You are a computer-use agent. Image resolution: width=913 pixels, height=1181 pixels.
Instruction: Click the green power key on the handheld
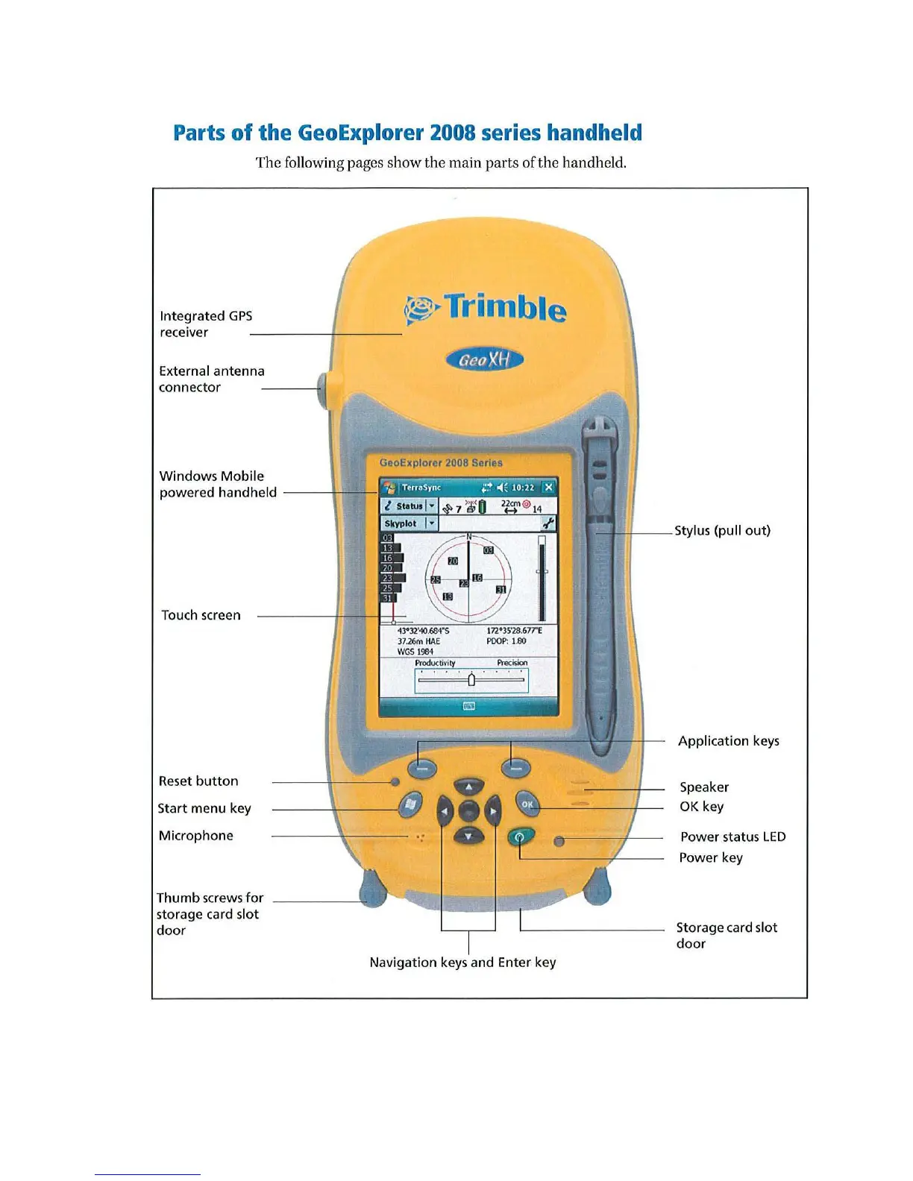tap(520, 837)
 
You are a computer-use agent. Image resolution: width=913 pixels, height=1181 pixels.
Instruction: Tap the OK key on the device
tap(527, 804)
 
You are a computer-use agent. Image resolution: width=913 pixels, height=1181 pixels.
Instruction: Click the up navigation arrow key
tap(468, 787)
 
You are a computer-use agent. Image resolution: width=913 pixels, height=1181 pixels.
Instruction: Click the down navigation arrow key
tap(468, 836)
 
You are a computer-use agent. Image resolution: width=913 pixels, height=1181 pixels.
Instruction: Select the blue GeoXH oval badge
tap(485, 360)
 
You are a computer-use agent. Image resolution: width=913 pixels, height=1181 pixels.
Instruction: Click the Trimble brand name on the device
tap(505, 307)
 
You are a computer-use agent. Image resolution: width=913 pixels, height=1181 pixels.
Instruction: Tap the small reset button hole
tap(395, 782)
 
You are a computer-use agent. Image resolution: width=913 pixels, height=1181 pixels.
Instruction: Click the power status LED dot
tap(559, 842)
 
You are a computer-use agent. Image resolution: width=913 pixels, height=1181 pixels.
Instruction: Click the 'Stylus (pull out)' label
tap(722, 531)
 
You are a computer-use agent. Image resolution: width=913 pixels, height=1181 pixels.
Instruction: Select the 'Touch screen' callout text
tap(201, 615)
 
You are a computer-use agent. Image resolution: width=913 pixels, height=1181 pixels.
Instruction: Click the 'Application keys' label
tap(728, 741)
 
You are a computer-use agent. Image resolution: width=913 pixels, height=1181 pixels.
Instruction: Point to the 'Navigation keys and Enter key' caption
tap(462, 963)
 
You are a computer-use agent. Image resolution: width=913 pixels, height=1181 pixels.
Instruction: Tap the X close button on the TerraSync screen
tap(548, 488)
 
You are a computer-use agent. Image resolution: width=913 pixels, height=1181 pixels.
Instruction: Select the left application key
tap(422, 767)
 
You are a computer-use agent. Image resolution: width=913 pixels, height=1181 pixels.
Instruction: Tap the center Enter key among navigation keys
tap(468, 811)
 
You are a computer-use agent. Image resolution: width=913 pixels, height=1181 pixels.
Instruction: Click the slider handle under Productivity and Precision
tap(471, 679)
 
